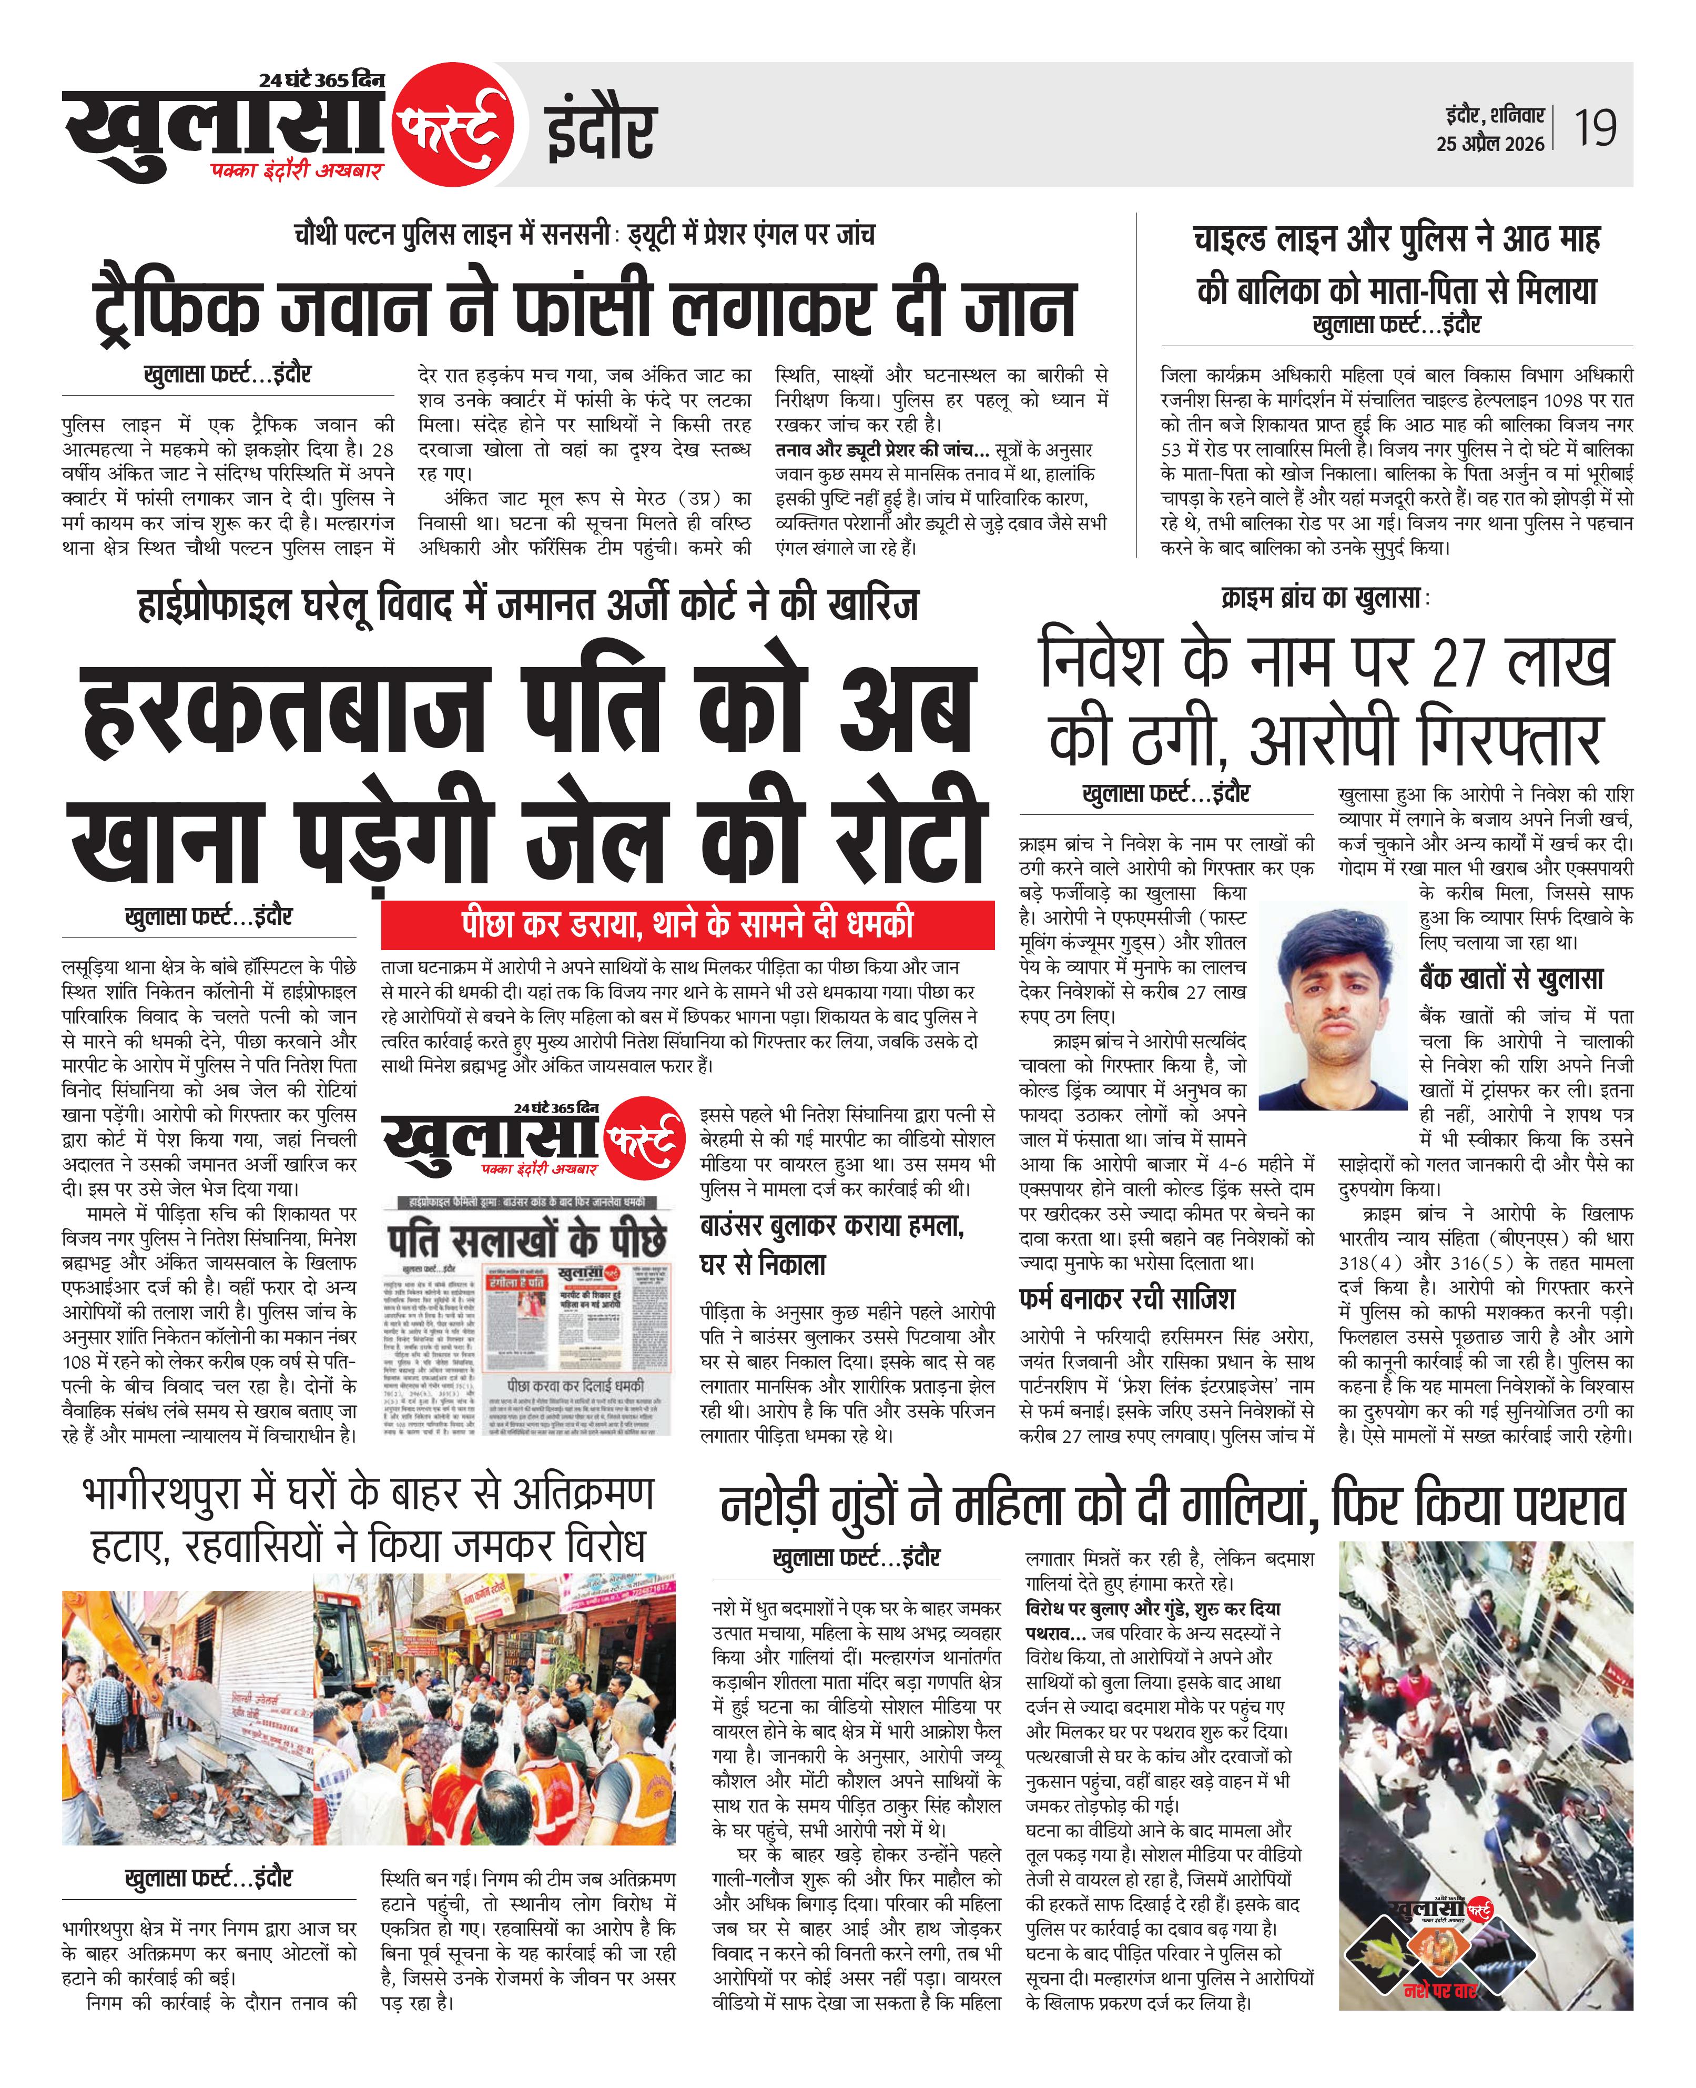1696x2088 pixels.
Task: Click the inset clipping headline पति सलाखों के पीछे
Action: tap(527, 1239)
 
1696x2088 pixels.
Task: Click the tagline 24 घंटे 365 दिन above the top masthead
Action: tap(322, 80)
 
